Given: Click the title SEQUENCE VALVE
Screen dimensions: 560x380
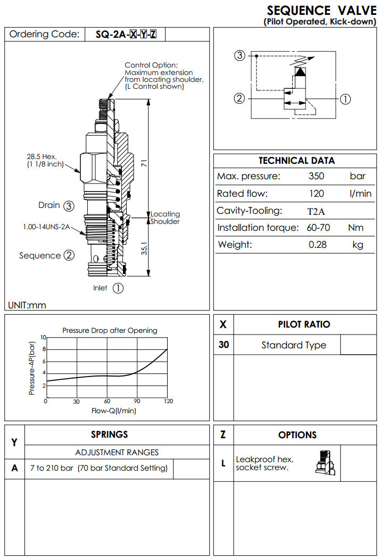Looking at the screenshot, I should point(321,11).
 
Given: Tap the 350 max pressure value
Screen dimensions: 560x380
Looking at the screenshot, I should point(316,177).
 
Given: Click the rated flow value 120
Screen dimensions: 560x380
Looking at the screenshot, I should point(316,194).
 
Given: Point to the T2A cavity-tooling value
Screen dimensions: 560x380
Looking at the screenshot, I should point(316,211).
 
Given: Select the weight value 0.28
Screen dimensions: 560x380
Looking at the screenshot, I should point(318,245).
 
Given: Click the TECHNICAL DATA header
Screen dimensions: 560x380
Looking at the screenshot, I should point(296,161).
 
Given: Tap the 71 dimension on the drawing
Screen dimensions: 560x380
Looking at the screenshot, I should point(143,164).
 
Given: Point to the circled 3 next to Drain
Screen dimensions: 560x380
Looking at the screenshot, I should point(69,205).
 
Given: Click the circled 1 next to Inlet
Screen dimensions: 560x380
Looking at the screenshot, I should point(118,288).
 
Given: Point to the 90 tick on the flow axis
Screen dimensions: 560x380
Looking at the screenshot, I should point(137,402).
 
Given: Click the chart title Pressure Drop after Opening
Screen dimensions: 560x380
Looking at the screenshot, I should point(110,330).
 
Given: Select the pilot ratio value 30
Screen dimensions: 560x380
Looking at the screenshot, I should point(224,345).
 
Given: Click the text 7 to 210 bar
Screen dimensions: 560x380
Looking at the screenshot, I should point(53,468).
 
